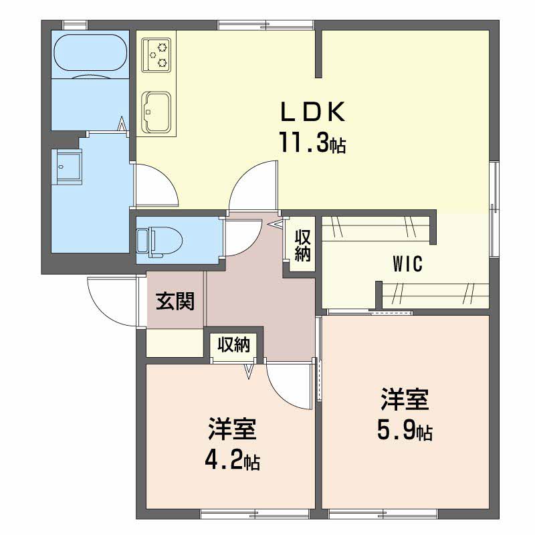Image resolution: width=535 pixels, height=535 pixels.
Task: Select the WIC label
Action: click(x=407, y=264)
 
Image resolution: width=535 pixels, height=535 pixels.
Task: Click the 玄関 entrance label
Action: click(x=175, y=302)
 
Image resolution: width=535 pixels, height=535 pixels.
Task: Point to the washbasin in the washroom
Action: click(x=68, y=166)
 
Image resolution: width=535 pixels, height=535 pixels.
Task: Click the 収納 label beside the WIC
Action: click(x=303, y=245)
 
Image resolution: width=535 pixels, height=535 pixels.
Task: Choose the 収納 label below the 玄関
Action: click(x=233, y=345)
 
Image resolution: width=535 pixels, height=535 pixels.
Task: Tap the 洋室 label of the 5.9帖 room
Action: click(x=404, y=400)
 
